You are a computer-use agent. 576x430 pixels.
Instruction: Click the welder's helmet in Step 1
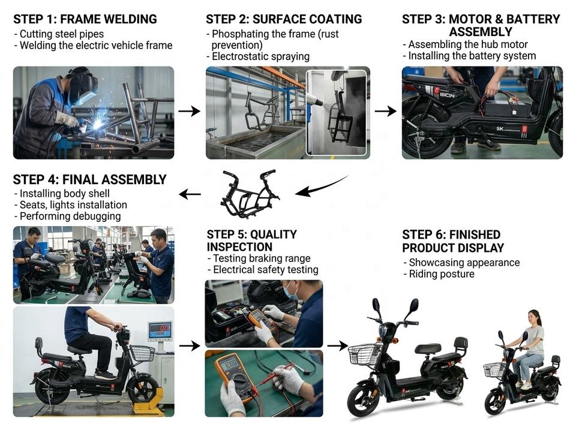(x=83, y=86)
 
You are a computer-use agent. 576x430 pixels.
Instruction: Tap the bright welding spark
(x=97, y=124)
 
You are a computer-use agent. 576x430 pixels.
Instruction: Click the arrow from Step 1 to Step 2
(x=189, y=111)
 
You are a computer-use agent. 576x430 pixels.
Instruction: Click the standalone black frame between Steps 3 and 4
(x=250, y=193)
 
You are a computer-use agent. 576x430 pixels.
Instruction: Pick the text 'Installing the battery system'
(x=472, y=56)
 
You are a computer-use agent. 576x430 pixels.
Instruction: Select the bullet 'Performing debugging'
(x=70, y=216)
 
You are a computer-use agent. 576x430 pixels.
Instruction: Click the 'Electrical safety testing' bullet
(x=266, y=270)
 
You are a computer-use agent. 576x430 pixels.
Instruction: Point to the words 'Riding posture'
(x=442, y=274)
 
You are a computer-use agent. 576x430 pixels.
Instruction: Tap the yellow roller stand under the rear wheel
(x=149, y=401)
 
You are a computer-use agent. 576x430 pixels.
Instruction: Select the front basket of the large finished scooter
(x=364, y=353)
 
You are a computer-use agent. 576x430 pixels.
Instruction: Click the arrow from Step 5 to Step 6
(x=337, y=345)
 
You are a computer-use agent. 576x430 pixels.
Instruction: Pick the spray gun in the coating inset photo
(x=317, y=99)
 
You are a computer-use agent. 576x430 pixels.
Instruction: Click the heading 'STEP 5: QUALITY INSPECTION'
(x=251, y=240)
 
